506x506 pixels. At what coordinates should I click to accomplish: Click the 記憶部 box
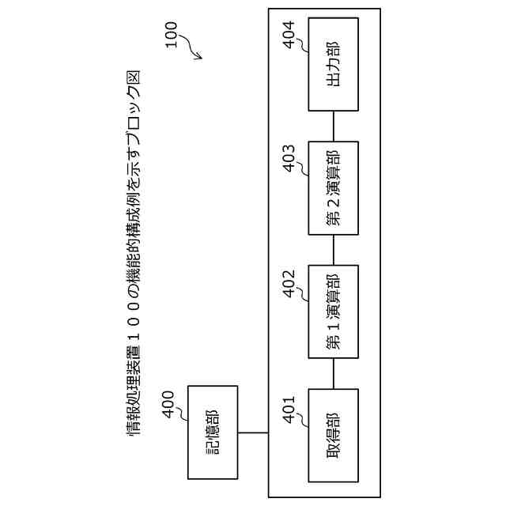[213, 432]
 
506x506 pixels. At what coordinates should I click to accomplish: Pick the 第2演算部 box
[333, 188]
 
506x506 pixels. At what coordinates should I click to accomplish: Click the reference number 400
[168, 405]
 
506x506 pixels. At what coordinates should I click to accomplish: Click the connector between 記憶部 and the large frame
[253, 432]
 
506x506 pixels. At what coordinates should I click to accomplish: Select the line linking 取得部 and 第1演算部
[333, 373]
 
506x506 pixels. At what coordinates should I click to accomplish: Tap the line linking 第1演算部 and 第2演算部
[333, 250]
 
